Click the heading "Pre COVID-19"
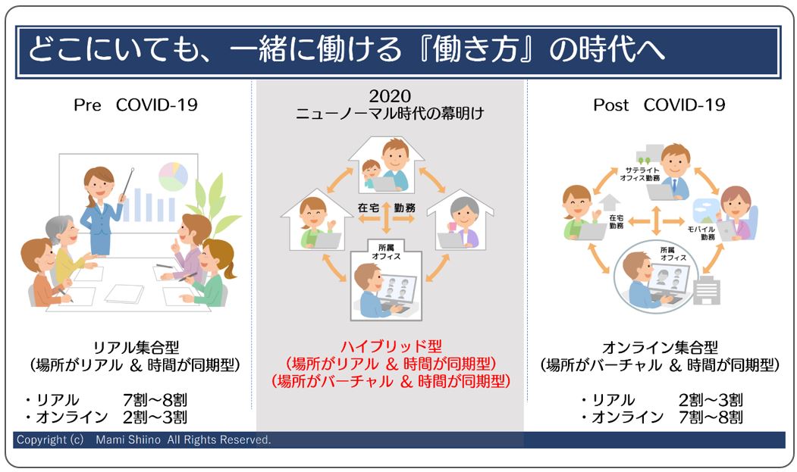click(135, 105)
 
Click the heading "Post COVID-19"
click(659, 105)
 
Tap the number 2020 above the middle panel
click(390, 96)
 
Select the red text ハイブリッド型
click(391, 346)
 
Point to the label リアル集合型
click(136, 348)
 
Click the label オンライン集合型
click(660, 348)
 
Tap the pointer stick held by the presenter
click(127, 182)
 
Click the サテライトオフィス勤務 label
click(640, 174)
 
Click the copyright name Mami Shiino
click(128, 439)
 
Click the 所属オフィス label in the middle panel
click(386, 252)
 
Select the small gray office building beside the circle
click(707, 290)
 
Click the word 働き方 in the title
click(475, 49)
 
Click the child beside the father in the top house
click(372, 174)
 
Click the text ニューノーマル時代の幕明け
click(390, 114)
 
